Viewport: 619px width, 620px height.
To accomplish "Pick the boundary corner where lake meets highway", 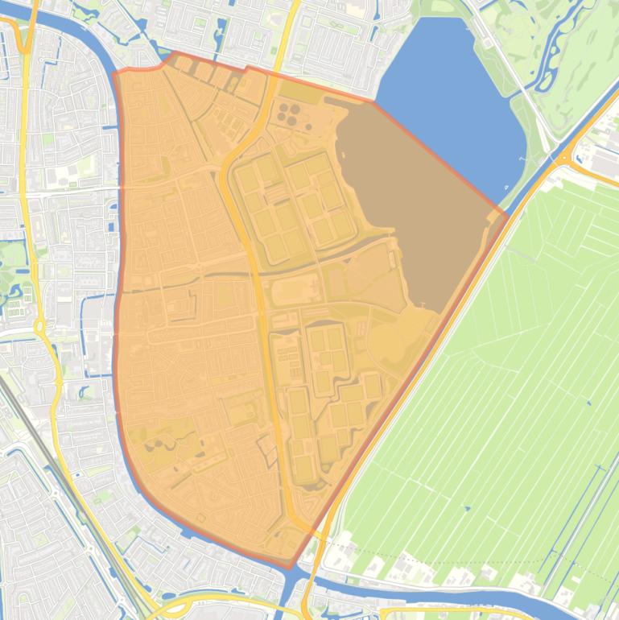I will click(506, 214).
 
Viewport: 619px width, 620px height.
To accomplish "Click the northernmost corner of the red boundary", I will click(172, 53).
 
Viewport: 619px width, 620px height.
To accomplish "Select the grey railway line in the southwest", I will click(48, 451).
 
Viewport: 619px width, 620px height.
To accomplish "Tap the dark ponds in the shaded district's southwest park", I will click(157, 443).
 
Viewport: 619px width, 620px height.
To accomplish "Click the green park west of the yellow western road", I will click(11, 258).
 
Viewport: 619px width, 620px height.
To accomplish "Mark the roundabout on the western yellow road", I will click(39, 327).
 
